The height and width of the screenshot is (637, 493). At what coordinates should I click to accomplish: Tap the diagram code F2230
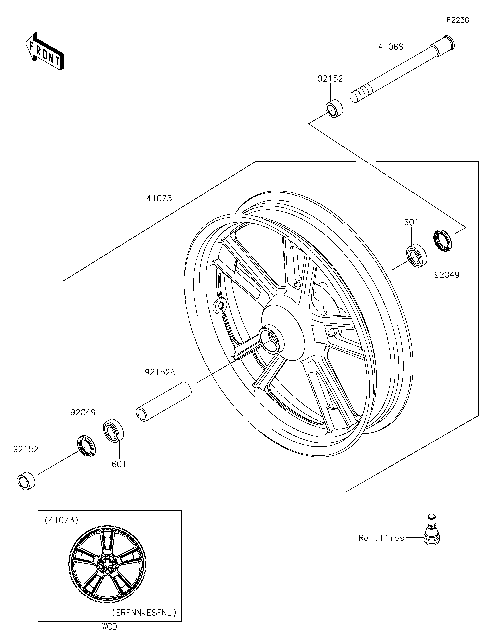click(458, 20)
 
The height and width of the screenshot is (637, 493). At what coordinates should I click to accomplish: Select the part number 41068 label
click(391, 47)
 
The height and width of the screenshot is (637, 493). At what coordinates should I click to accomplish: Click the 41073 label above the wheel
click(159, 198)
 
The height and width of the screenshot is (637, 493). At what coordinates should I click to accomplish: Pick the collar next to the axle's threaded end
click(334, 108)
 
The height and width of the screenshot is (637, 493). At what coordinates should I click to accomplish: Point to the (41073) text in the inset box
click(61, 520)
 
